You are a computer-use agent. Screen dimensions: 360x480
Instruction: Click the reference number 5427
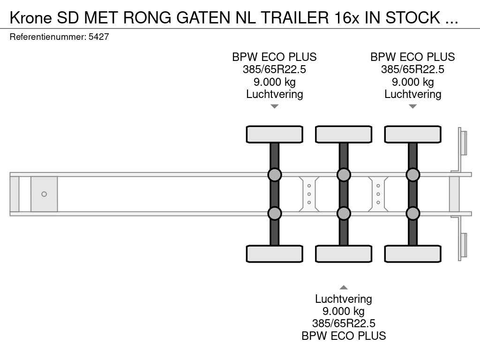point(99,37)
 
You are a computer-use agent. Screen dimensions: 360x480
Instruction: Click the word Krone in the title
point(30,17)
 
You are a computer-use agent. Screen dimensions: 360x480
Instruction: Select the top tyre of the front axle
point(275,134)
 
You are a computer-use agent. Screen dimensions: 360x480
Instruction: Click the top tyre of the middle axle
point(344,134)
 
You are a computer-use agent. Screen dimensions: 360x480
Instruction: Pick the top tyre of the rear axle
point(412,134)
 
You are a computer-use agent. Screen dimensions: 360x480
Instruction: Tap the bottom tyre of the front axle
point(275,254)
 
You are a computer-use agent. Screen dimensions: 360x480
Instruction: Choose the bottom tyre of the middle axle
point(344,254)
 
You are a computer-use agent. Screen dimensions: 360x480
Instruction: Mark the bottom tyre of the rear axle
point(412,254)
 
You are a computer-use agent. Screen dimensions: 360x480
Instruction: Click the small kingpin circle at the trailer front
point(44,194)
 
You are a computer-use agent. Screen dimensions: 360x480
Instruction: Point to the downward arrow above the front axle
point(275,107)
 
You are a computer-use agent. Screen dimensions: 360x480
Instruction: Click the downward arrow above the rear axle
point(412,107)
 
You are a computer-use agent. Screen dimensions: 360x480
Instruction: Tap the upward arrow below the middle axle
point(344,287)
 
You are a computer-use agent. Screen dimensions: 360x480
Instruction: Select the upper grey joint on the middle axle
point(344,175)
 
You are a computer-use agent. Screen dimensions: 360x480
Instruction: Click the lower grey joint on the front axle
point(275,213)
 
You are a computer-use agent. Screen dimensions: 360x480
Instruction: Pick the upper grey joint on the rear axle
point(412,175)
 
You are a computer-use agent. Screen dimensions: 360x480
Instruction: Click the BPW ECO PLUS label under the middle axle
point(344,336)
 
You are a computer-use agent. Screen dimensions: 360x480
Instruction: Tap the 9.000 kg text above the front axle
point(275,82)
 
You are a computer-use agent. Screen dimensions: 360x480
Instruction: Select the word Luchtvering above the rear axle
point(412,94)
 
